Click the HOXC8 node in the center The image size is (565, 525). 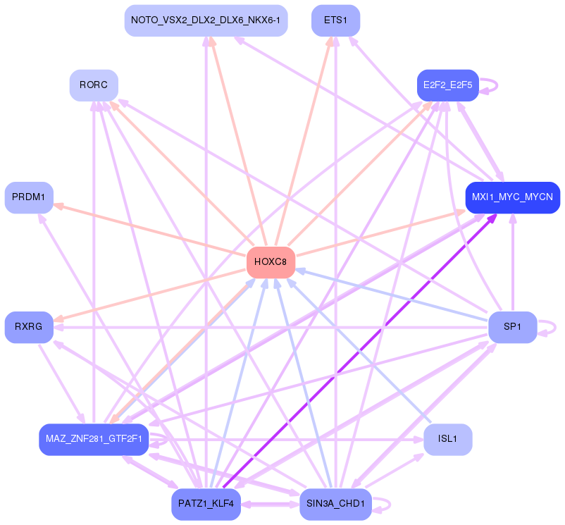tap(271, 262)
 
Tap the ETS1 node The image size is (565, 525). tap(335, 20)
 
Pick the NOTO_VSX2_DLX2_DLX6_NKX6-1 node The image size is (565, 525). tap(206, 20)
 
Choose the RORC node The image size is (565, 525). tap(94, 85)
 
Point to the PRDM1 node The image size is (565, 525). tap(29, 197)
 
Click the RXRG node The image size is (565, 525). tap(29, 327)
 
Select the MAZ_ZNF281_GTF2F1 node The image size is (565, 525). tap(94, 439)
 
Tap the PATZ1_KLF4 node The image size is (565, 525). tap(206, 504)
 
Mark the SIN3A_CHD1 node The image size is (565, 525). tap(335, 504)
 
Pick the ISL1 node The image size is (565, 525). tap(447, 439)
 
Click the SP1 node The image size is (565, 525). tap(512, 327)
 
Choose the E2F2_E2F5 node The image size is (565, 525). tap(447, 85)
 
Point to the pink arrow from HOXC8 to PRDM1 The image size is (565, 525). tap(151, 230)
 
